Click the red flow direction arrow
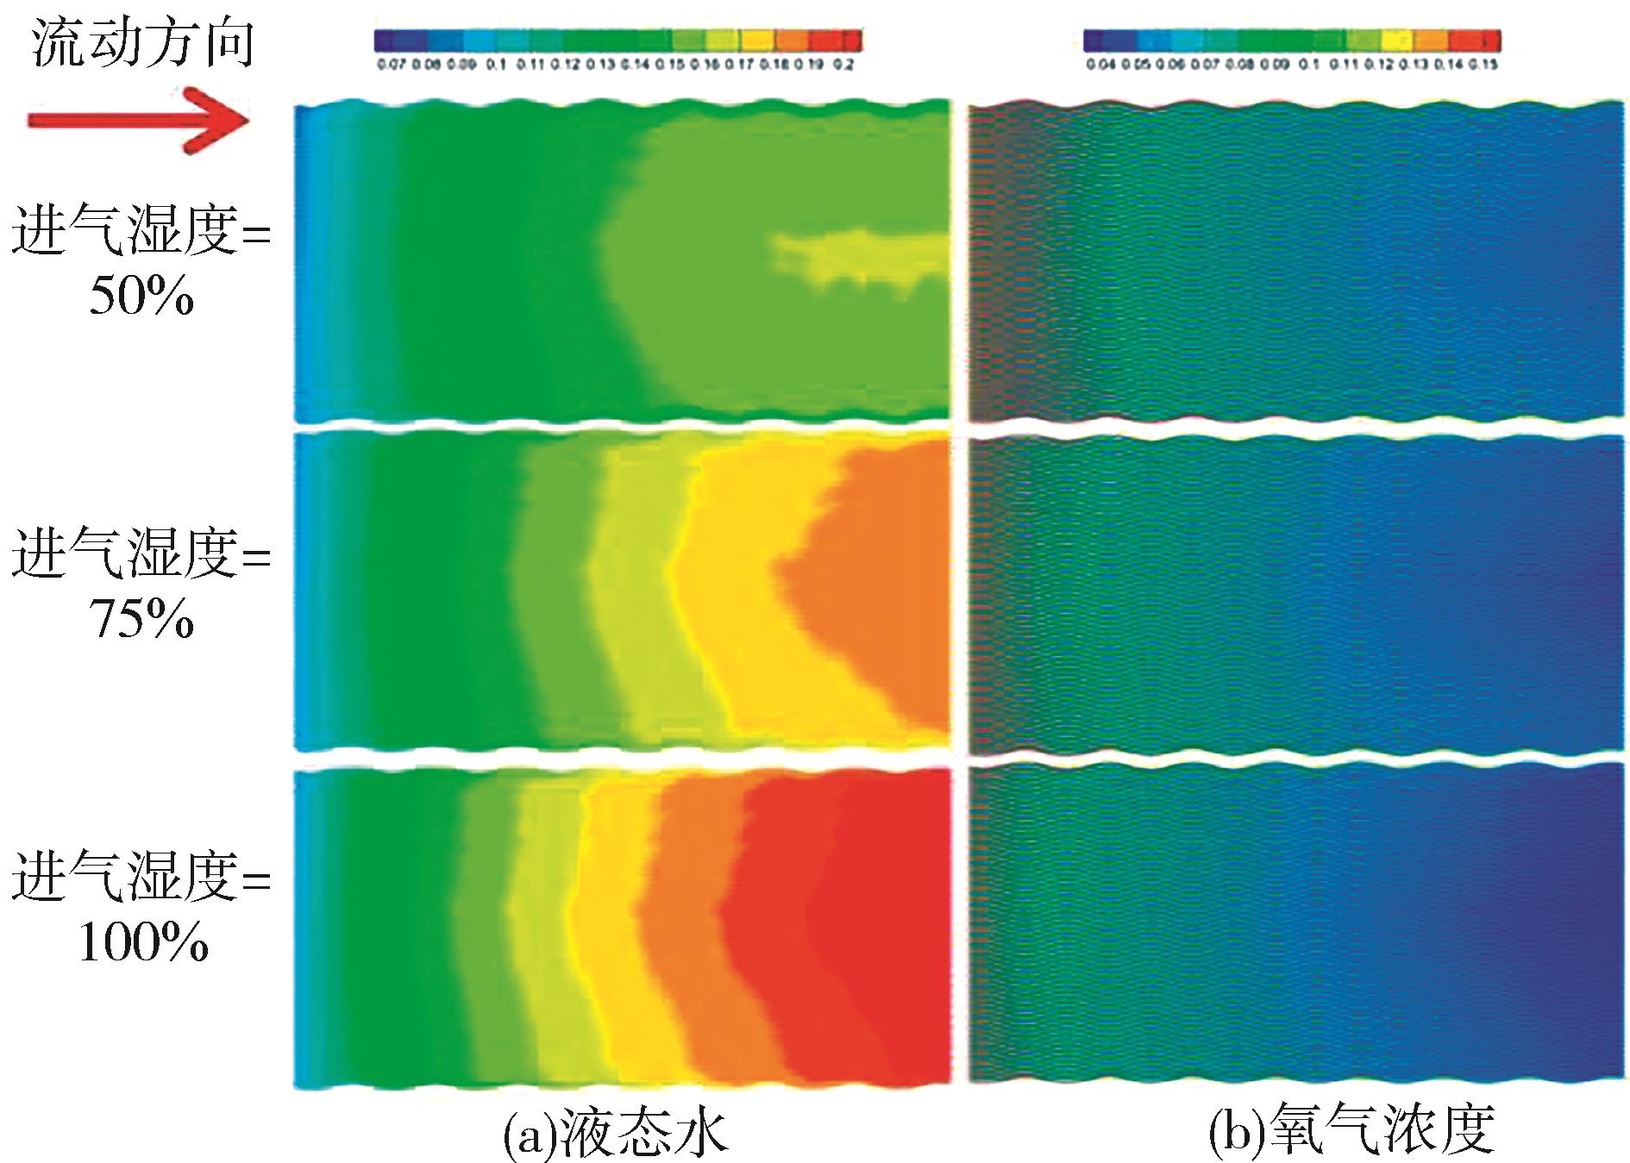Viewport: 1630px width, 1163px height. click(138, 120)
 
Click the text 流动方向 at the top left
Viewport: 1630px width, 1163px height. click(143, 43)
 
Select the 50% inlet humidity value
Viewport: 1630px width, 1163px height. click(141, 297)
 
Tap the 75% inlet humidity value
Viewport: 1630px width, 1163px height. click(141, 619)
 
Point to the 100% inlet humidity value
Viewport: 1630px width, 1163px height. click(143, 942)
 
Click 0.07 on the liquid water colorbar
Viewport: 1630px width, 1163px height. click(391, 65)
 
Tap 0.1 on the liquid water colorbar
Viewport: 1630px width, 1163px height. click(495, 65)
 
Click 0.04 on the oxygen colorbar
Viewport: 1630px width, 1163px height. click(1100, 65)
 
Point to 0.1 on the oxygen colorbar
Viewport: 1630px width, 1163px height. click(1309, 65)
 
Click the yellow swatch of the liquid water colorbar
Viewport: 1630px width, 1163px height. click(756, 40)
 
